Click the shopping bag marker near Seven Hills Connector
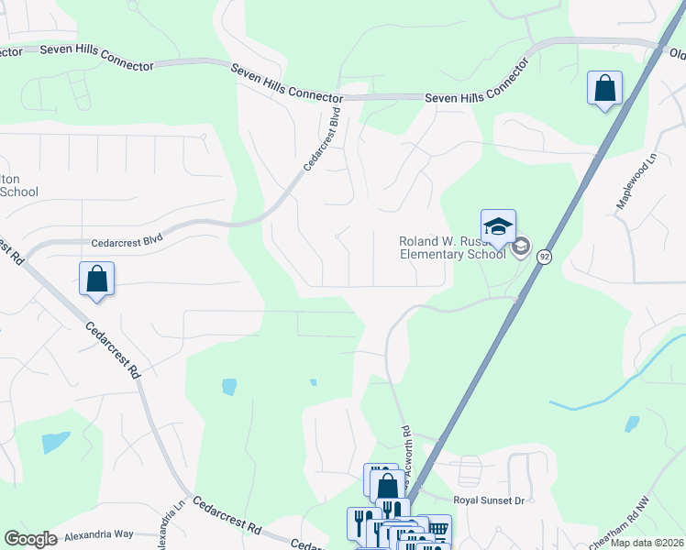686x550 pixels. (604, 89)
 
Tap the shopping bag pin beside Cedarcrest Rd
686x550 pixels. (96, 279)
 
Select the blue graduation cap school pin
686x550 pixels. (498, 226)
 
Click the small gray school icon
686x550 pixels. (521, 246)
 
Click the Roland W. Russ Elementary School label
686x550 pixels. (452, 247)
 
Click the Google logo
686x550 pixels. (30, 539)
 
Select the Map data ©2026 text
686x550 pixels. (646, 543)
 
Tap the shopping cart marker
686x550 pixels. (438, 528)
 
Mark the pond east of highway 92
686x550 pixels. (632, 423)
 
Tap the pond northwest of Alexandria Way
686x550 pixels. (55, 442)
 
